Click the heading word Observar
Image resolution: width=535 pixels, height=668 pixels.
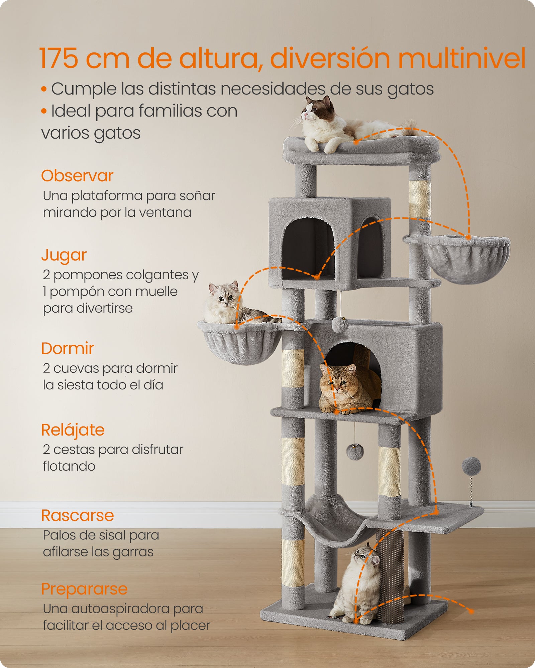(77, 176)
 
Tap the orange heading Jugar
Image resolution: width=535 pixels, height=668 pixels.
(64, 256)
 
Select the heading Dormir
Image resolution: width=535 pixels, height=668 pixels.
(68, 349)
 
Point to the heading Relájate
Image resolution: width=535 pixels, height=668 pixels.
(73, 430)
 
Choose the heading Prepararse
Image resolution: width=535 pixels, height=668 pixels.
(84, 589)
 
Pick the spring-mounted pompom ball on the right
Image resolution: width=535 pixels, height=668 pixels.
(471, 466)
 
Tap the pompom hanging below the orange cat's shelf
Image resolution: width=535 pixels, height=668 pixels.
(355, 452)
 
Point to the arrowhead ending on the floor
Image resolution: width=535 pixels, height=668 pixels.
(471, 611)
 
